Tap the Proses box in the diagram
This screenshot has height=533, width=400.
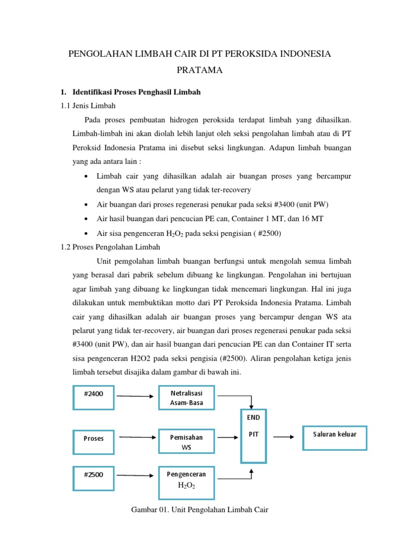pos(93,438)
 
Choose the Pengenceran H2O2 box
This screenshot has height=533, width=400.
pos(186,479)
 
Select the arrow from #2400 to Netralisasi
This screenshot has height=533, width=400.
pos(136,396)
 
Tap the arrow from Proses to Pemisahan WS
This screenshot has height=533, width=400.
pos(137,437)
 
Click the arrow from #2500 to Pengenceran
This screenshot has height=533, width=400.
pos(136,475)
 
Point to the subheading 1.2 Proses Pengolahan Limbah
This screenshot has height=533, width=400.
pos(110,246)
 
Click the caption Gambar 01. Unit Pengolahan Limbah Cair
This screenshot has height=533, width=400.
pos(199,510)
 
